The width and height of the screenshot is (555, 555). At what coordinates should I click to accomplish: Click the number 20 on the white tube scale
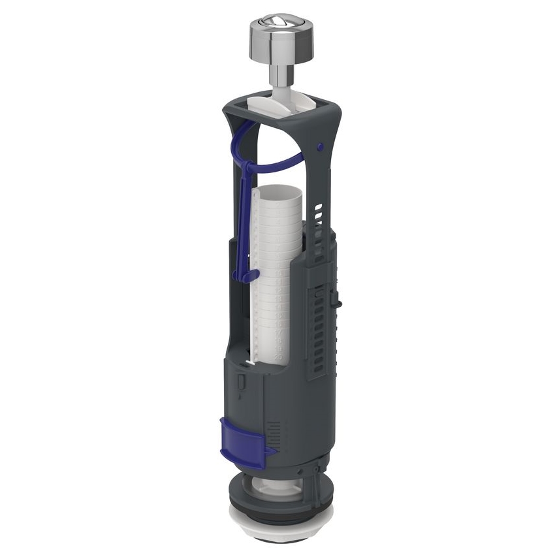279,357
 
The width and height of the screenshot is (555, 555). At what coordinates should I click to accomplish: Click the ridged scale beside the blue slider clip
275,431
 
